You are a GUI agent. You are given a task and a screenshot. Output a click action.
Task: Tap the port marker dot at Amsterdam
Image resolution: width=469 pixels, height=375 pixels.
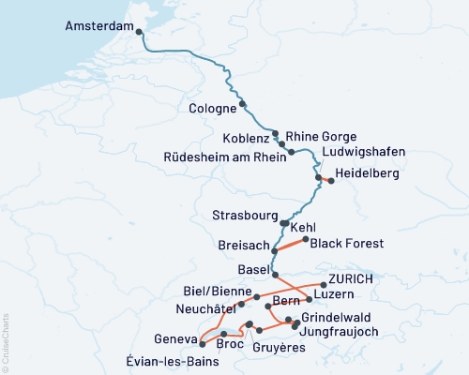point(140,32)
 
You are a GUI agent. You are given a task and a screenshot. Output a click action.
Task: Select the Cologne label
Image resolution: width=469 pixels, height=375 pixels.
point(210,109)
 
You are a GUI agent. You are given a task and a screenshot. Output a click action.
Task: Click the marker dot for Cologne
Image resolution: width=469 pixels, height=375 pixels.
point(243,104)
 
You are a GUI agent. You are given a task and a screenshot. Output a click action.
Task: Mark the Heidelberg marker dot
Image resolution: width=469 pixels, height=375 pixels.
point(330,181)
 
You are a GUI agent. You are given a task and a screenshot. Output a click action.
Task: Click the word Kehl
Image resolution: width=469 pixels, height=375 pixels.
point(304,228)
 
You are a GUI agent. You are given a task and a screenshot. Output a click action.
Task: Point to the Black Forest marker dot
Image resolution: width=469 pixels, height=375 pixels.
point(305,239)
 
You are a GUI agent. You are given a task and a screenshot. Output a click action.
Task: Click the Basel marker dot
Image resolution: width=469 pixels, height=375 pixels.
point(274,274)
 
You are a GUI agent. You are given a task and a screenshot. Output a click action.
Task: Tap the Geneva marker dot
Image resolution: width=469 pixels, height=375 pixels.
point(202,344)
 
